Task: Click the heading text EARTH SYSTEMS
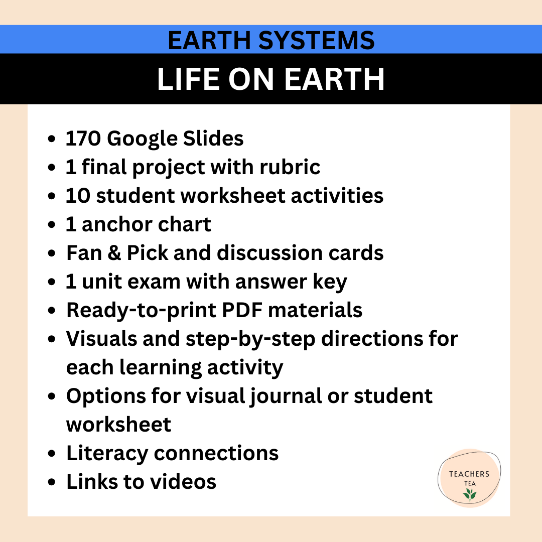(x=271, y=40)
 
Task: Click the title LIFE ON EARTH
(x=271, y=79)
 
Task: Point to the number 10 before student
(x=77, y=196)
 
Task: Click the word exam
(x=157, y=282)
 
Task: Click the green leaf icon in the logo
(x=470, y=495)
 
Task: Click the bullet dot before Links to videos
(x=52, y=482)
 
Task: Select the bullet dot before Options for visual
(x=52, y=396)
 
